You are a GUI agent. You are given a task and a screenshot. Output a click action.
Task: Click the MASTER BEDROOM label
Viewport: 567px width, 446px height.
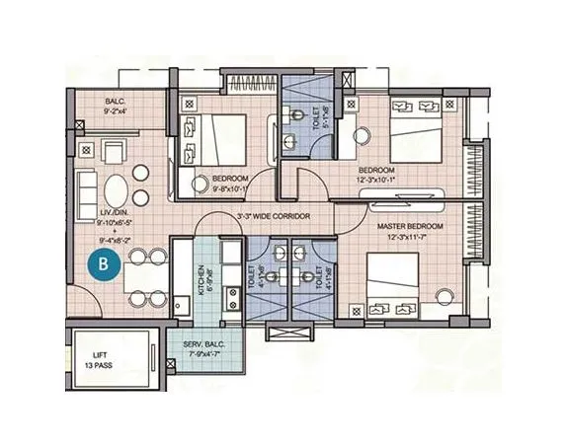tap(410, 226)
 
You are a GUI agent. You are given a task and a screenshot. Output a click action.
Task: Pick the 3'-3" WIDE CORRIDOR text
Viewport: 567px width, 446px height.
tap(274, 215)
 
